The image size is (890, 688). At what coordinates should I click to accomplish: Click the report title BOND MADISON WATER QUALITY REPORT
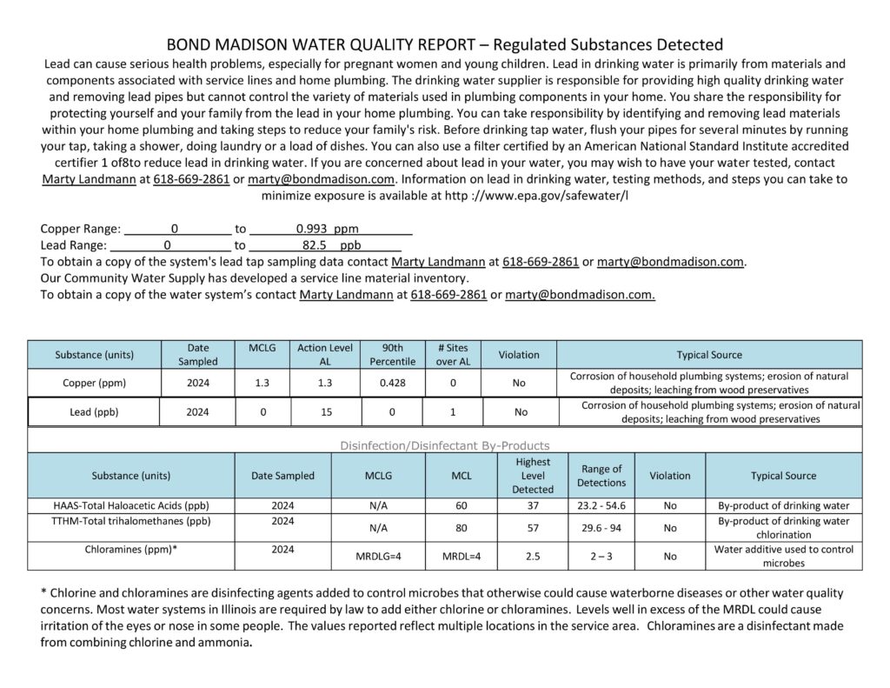click(x=322, y=44)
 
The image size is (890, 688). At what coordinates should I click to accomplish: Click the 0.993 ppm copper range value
click(x=327, y=229)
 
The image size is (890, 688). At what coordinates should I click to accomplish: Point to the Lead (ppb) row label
click(x=94, y=412)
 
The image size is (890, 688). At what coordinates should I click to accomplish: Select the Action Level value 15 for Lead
click(x=325, y=412)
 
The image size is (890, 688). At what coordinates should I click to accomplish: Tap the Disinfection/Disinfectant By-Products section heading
click(x=444, y=445)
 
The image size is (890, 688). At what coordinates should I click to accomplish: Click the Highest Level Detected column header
click(x=532, y=476)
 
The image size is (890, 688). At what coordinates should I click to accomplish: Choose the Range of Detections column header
click(x=601, y=476)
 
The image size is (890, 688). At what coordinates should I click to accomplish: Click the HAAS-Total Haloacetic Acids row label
click(x=131, y=505)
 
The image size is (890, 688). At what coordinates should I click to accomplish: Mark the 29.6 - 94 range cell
click(x=601, y=527)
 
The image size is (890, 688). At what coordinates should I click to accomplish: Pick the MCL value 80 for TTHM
click(x=461, y=527)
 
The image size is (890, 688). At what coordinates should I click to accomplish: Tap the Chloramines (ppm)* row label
click(x=131, y=550)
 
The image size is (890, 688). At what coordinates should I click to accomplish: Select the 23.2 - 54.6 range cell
click(x=601, y=505)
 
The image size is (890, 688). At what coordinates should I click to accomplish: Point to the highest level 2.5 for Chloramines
click(x=532, y=555)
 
